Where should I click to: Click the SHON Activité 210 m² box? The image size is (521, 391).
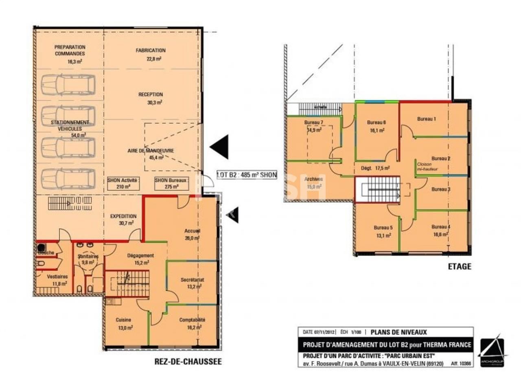pos(123,183)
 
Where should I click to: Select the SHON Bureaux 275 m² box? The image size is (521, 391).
pos(171,183)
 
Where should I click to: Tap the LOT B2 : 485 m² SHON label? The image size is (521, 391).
pos(247,175)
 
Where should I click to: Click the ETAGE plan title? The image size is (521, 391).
pos(460,266)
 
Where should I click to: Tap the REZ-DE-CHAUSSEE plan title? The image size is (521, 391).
pos(188,361)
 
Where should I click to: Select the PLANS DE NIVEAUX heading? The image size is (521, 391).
pos(398,332)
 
